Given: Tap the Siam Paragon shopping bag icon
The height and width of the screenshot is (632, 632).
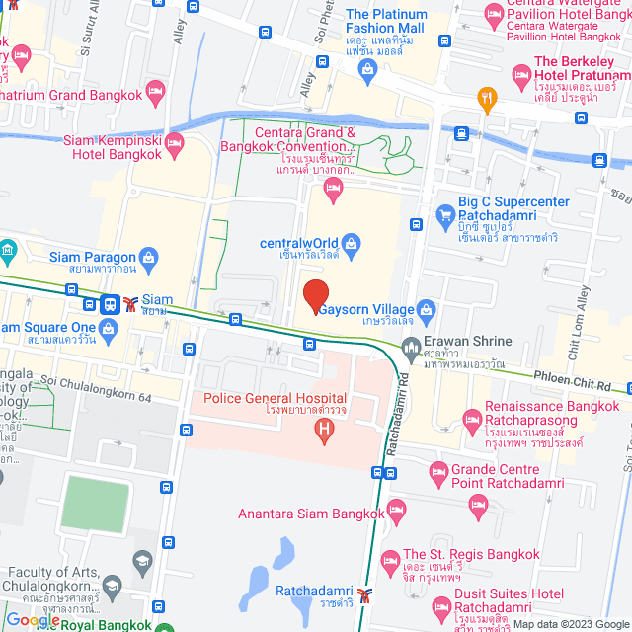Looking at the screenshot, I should click(x=147, y=259).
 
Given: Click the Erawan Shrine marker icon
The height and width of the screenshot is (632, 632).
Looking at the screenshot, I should click(x=411, y=346).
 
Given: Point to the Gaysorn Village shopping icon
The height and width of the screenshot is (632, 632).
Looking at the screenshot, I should click(x=426, y=311).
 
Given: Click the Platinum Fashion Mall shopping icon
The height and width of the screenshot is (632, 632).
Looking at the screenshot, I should click(x=367, y=69).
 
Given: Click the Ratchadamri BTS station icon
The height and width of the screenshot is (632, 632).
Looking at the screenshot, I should click(x=365, y=594).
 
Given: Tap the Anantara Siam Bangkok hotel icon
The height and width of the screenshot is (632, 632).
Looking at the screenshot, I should click(x=396, y=513).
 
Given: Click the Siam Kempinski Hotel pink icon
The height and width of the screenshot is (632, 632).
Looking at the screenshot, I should click(x=175, y=143).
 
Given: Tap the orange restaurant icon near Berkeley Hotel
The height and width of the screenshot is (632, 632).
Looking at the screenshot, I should click(x=485, y=97).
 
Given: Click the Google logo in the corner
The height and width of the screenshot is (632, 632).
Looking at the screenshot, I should click(x=32, y=620).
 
